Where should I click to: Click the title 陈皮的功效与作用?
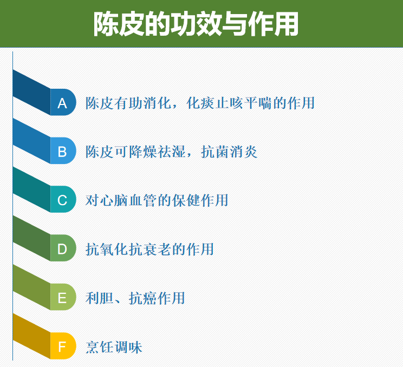click(196, 24)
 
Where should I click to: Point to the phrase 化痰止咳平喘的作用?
click(251, 103)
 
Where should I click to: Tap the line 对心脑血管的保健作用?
click(157, 200)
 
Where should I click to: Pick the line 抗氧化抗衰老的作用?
click(150, 249)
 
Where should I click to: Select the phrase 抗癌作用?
click(157, 298)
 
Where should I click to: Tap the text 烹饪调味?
click(114, 347)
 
